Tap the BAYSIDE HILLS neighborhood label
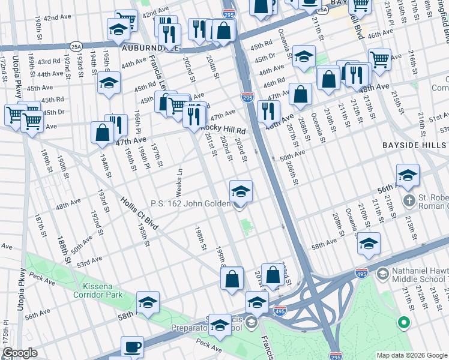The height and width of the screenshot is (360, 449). pos(415,145)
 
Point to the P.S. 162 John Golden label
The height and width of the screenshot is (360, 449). pos(190,204)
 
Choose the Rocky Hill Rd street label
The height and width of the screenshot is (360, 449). pos(224,130)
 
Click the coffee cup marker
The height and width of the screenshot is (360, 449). pos(133,346)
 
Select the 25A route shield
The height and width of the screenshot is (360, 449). pos(76,46)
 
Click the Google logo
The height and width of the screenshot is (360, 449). pos(20,353)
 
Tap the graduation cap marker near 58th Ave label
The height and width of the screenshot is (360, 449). pos(369,242)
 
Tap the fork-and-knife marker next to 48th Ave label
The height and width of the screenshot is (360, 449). pos(268,111)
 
